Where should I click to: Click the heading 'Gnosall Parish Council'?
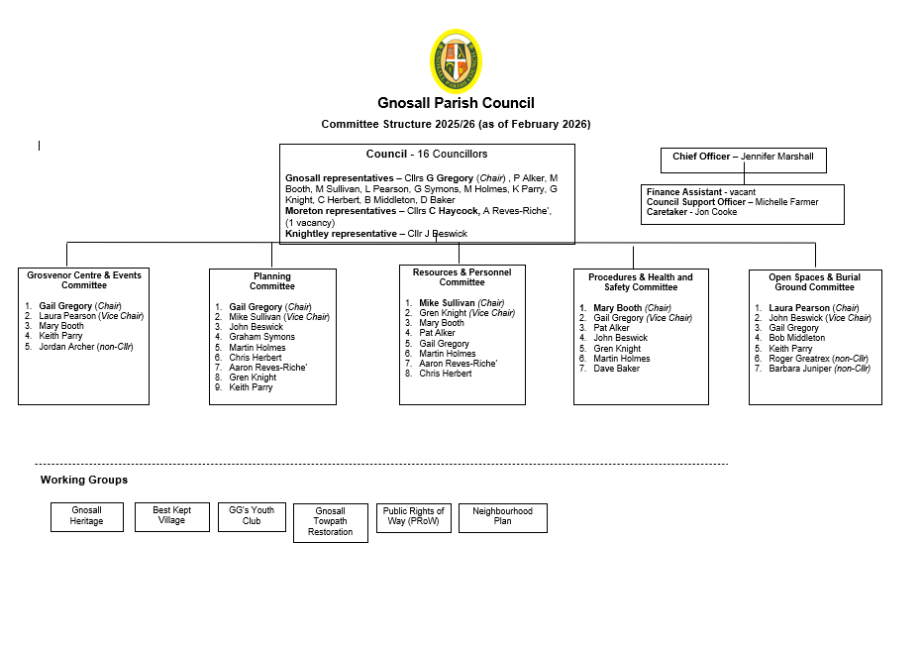[x=456, y=103]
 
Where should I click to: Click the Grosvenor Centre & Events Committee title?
[x=84, y=279]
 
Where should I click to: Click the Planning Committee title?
[x=271, y=281]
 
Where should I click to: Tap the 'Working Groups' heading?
[x=84, y=481]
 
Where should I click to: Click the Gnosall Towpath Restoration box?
[x=330, y=522]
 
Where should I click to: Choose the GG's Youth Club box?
[x=252, y=516]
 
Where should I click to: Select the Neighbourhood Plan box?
[x=502, y=516]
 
